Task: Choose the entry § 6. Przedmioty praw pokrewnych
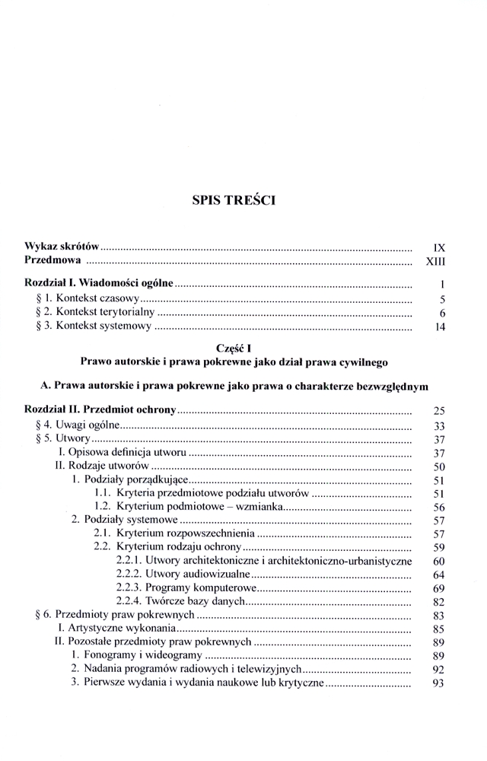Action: pyautogui.click(x=106, y=616)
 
